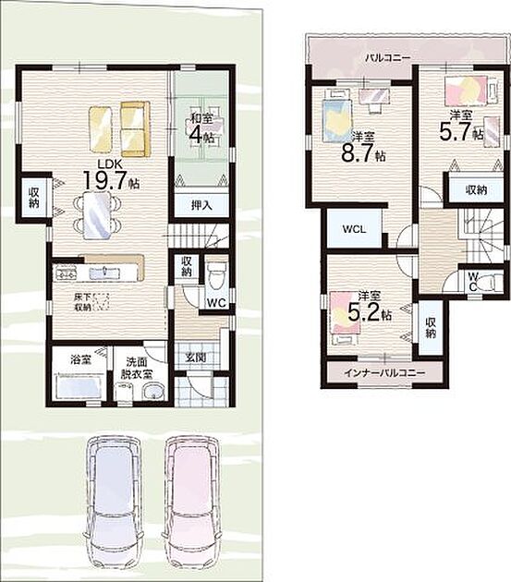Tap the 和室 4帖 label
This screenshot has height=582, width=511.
click(201, 128)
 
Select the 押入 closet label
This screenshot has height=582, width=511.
click(201, 205)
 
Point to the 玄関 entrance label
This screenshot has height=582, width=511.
click(195, 358)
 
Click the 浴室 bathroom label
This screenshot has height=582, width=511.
click(80, 359)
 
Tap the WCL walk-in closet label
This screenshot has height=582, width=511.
click(354, 229)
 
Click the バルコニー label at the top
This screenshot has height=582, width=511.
click(387, 58)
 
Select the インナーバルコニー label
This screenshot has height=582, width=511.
click(384, 372)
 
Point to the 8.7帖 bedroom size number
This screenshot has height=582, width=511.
click(363, 152)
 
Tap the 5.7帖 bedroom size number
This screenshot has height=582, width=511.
click(461, 131)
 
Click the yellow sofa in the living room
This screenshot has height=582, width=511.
click(135, 129)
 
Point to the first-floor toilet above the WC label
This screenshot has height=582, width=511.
click(217, 275)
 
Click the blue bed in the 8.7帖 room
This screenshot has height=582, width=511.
click(336, 117)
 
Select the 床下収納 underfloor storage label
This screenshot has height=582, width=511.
click(81, 302)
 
